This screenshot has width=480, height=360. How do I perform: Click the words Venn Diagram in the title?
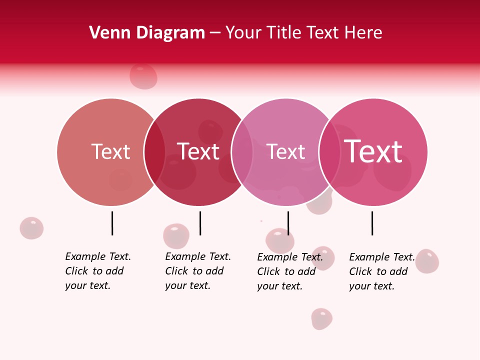pyautogui.click(x=147, y=33)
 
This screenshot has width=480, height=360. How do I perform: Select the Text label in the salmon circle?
pyautogui.click(x=110, y=151)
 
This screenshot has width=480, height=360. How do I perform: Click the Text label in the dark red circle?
pyautogui.click(x=198, y=151)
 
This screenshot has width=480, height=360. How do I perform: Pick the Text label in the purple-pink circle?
pyautogui.click(x=285, y=151)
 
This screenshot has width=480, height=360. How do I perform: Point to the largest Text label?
pyautogui.click(x=373, y=151)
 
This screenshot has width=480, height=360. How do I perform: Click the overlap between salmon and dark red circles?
pyautogui.click(x=154, y=152)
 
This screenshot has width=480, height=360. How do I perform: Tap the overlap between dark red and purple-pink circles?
pyautogui.click(x=242, y=152)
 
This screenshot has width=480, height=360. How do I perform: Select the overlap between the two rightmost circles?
pyautogui.click(x=329, y=152)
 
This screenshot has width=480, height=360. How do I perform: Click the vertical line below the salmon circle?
pyautogui.click(x=112, y=223)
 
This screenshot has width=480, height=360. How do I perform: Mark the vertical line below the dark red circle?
pyautogui.click(x=200, y=223)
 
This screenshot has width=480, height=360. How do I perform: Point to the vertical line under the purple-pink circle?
pyautogui.click(x=288, y=223)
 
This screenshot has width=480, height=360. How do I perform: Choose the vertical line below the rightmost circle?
pyautogui.click(x=372, y=223)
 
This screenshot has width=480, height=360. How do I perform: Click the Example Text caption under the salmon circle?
pyautogui.click(x=97, y=271)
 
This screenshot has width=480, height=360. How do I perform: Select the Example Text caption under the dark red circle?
pyautogui.click(x=197, y=271)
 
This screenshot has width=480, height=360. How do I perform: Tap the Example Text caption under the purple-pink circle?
pyautogui.click(x=289, y=271)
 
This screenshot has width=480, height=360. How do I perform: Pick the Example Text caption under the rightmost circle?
pyautogui.click(x=381, y=271)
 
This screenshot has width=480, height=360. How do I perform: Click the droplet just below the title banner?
pyautogui.click(x=143, y=76)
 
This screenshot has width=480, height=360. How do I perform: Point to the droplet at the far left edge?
pyautogui.click(x=31, y=228)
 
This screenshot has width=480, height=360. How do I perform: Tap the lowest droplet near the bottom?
pyautogui.click(x=321, y=318)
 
